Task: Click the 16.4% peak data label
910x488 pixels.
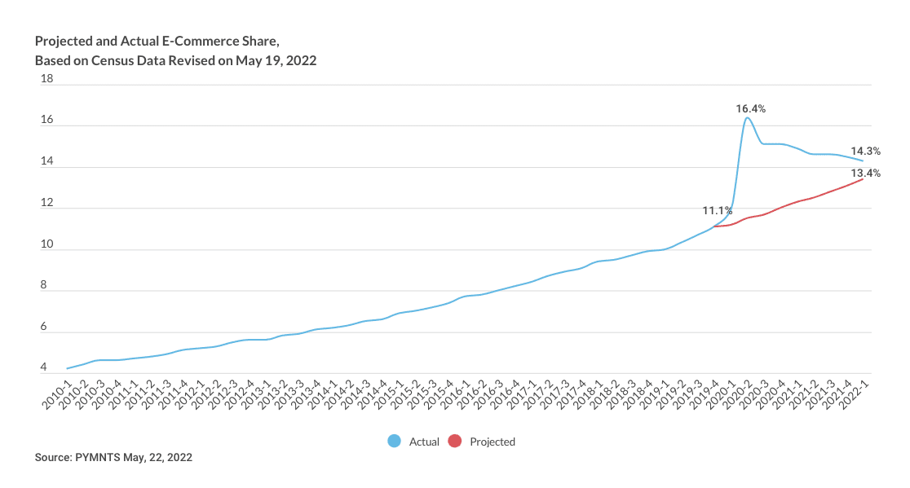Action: (x=750, y=108)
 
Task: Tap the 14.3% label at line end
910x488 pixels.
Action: (x=865, y=151)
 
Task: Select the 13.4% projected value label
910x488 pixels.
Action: (x=865, y=173)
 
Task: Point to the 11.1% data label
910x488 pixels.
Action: (x=718, y=211)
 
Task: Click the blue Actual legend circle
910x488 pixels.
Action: (x=395, y=442)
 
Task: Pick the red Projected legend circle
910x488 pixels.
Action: (x=455, y=442)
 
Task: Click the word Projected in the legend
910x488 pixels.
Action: (x=493, y=442)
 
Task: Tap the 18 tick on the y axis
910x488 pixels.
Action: (x=46, y=79)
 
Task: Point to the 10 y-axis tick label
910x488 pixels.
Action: (x=46, y=244)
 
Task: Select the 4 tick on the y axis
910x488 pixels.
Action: (x=43, y=368)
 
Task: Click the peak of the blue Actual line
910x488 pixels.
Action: (x=747, y=118)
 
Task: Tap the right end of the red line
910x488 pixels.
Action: (x=864, y=179)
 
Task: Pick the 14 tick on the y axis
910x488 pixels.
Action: (x=46, y=161)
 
